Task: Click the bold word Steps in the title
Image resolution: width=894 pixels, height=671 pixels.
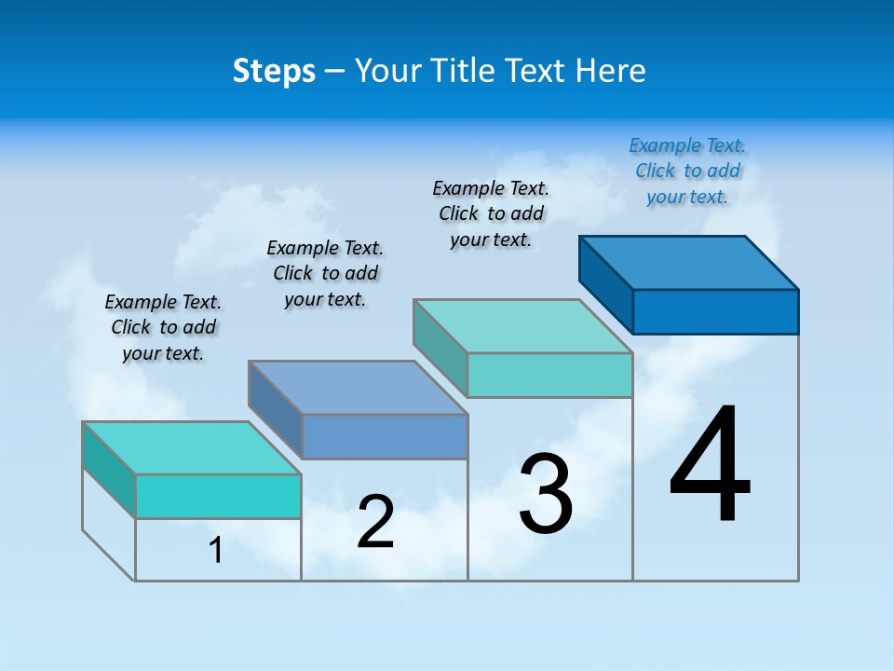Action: coord(274,71)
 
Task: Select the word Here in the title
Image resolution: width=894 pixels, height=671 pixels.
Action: coord(611,71)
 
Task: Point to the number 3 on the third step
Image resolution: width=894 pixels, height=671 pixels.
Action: coord(546,494)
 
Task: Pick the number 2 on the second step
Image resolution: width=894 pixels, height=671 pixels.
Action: coord(376,522)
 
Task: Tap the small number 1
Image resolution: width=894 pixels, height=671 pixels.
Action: coord(216,550)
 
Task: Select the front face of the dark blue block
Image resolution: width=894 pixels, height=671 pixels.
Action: coord(715,311)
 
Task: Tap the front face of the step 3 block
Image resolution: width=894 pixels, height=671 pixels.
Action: coord(549,375)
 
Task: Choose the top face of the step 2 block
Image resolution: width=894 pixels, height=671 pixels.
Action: coord(358,388)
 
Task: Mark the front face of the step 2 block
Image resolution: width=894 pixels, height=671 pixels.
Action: coord(385,436)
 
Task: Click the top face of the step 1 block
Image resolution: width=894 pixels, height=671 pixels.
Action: coord(192,448)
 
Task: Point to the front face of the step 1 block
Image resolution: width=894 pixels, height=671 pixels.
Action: coord(218,496)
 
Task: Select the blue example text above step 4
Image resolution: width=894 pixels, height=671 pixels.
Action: coord(687,171)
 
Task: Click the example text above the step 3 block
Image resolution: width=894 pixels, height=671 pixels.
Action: coord(491,213)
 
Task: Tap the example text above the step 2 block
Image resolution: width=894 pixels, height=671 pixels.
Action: coord(325,273)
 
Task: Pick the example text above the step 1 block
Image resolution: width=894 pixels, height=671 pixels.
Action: coord(163,327)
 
